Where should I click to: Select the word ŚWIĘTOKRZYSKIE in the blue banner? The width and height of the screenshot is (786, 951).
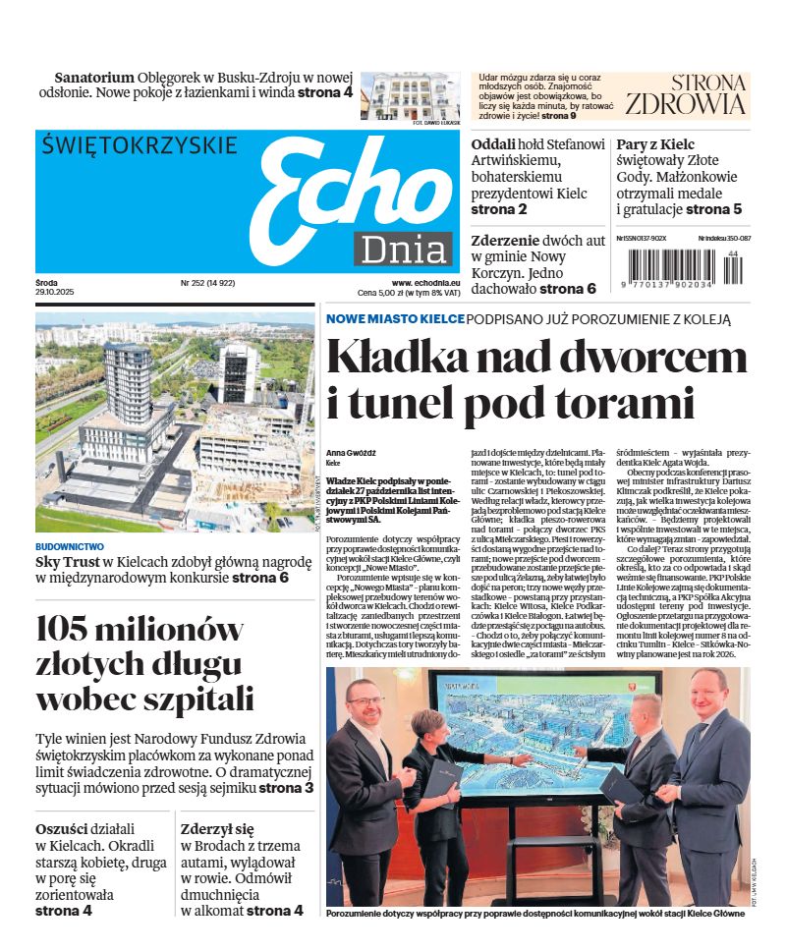(140, 146)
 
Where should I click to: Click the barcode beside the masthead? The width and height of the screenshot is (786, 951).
(679, 266)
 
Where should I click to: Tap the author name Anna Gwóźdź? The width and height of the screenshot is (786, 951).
(351, 452)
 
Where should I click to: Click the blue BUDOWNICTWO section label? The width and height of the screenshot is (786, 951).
(70, 546)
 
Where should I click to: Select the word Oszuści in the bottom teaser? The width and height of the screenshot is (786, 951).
(63, 828)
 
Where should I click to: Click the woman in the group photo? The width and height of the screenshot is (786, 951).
(440, 786)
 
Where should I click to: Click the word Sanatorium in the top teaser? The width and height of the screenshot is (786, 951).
(93, 77)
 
